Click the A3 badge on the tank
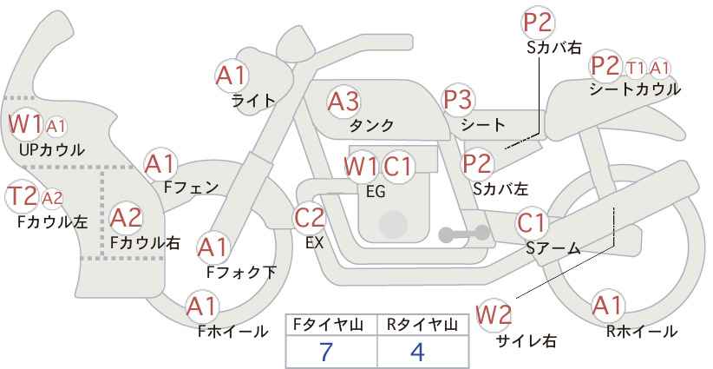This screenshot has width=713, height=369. tap(343, 101)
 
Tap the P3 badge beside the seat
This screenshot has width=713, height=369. tap(458, 100)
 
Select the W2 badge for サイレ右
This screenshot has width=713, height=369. tap(494, 315)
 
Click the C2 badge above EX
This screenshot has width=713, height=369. tap(310, 218)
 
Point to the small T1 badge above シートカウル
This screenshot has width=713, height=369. tap(635, 69)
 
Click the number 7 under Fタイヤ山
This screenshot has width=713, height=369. tap(326, 352)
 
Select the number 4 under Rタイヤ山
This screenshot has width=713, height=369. tap(417, 352)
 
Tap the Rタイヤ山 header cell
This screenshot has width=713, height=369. tap(422, 325)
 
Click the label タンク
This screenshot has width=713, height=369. tap(371, 125)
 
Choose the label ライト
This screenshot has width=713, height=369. tap(253, 100)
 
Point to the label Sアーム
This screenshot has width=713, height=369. tap(553, 248)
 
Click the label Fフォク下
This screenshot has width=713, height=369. tap(241, 272)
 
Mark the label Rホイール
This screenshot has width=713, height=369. tap(642, 332)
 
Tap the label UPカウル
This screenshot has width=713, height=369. tap(52, 149)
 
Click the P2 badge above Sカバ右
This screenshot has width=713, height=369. tap(538, 23)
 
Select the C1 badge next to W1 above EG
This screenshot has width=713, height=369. tap(397, 167)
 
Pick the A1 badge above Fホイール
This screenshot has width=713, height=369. tap(202, 307)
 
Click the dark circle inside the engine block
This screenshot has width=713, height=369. tap(393, 224)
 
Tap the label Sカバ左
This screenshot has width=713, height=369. tap(500, 188)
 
